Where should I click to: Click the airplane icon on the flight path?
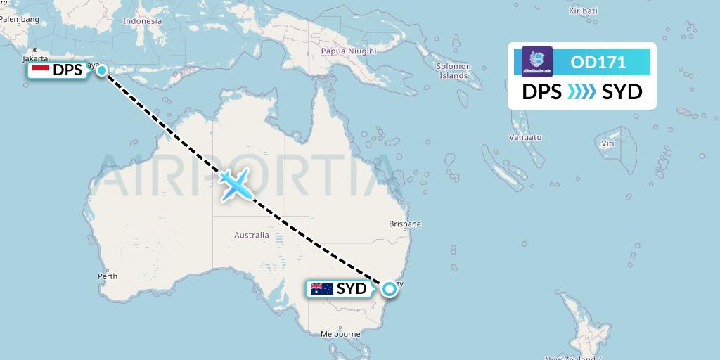pos(236,184)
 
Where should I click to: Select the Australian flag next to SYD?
pos(321,288)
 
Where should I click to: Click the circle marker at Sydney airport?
pos(389,288)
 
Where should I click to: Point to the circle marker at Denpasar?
pos(103,70)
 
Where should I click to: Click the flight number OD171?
pos(598,63)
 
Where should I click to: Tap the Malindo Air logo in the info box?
pos(537,62)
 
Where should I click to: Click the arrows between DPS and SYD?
pos(581,92)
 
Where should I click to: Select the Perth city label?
pos(108,276)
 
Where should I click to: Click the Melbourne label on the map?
pos(340,334)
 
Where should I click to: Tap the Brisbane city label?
pos(405,224)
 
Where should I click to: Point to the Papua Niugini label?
pos(349,51)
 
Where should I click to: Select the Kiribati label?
pos(583,11)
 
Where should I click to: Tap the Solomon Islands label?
pos(454,70)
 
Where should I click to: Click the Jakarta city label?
pos(34,58)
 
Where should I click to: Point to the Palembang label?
pos(20,19)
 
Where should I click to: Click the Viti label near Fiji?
pos(607,143)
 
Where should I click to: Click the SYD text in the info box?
pos(622,92)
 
